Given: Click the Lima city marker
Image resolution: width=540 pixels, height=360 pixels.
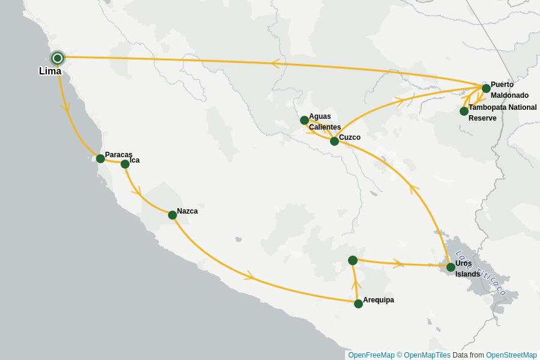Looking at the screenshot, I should (x=58, y=58).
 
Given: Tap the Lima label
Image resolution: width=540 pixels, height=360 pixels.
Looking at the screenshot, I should (x=50, y=71).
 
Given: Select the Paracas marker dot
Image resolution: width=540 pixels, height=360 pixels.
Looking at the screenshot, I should (x=100, y=158).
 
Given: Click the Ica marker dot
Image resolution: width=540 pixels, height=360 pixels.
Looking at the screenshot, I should (x=125, y=164).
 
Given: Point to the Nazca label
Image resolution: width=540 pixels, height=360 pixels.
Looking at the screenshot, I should (x=187, y=211).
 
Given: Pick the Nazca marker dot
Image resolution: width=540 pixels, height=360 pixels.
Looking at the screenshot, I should (x=172, y=215).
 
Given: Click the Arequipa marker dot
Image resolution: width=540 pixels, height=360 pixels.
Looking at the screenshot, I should (x=358, y=304).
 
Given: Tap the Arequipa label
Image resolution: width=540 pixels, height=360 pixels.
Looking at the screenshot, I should (x=378, y=300).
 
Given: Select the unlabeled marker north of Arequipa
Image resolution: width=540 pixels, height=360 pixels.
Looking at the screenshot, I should (x=353, y=260).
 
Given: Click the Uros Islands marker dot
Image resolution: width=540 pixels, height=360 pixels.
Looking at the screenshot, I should (x=451, y=267).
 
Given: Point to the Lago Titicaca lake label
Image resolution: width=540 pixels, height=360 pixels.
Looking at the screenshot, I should (x=481, y=273).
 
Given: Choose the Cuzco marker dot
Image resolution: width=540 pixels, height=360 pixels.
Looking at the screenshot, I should (x=334, y=141).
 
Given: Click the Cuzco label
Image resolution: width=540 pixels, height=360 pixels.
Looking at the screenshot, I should (x=349, y=137).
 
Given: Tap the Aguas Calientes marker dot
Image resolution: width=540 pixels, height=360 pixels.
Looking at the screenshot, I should (x=304, y=120).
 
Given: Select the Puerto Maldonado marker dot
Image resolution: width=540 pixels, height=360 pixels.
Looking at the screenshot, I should (x=486, y=88).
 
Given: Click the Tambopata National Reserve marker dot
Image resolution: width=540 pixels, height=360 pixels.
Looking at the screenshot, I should (x=464, y=111).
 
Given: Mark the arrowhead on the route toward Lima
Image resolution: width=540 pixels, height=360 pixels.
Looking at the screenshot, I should (x=275, y=63).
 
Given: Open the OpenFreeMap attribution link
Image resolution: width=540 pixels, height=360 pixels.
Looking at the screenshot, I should (x=371, y=355).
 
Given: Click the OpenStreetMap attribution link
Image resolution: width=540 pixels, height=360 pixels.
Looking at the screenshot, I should (x=511, y=355).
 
